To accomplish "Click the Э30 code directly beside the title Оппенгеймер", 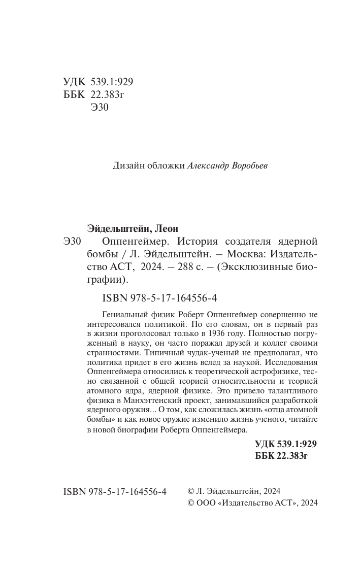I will (x=73, y=241).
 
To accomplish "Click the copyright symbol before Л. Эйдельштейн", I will (x=191, y=491).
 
